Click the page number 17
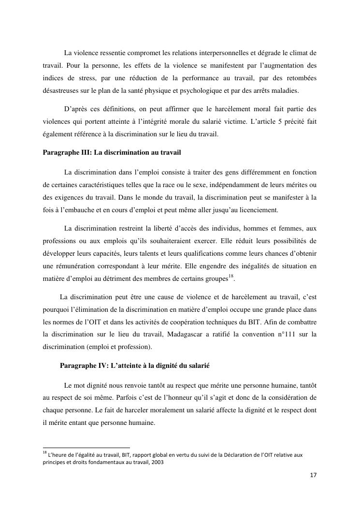[x=313, y=476]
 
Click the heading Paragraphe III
[x=112, y=152]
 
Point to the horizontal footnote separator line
[x=86, y=448]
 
